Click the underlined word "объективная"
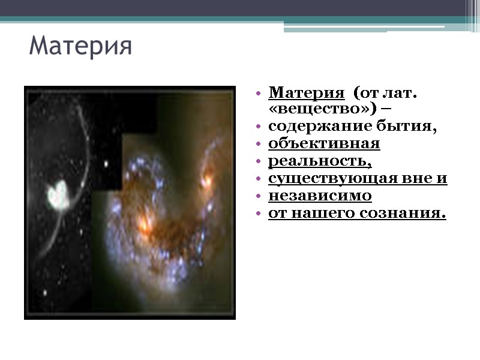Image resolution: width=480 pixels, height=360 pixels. point(324,144)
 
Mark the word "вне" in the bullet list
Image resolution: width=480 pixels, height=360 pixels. point(419,179)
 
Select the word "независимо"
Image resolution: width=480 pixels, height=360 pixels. point(320,196)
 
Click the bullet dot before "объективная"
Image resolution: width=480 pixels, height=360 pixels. point(258,145)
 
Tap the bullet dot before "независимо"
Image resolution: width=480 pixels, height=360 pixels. point(258,197)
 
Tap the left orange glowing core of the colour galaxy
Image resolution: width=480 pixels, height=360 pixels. point(144,224)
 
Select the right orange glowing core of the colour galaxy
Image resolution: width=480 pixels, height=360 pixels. point(208,178)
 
